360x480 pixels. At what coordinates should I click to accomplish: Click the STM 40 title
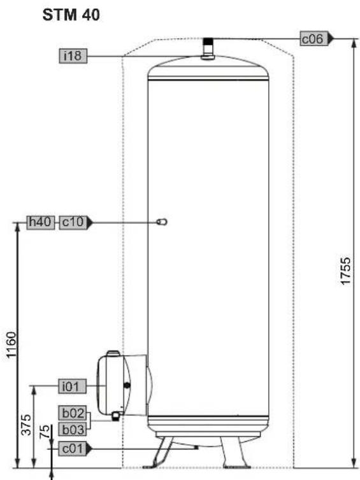[71, 15]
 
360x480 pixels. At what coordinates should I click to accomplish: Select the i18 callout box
[73, 56]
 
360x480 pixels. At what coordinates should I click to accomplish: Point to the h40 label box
[40, 223]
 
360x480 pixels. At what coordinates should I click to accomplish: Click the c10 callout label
[73, 223]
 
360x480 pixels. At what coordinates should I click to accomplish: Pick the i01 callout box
[73, 386]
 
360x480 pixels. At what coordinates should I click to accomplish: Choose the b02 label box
[73, 413]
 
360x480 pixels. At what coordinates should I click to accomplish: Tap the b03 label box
[73, 429]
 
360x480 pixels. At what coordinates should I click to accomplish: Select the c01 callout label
[73, 448]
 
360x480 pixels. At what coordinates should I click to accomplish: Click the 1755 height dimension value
[345, 271]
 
